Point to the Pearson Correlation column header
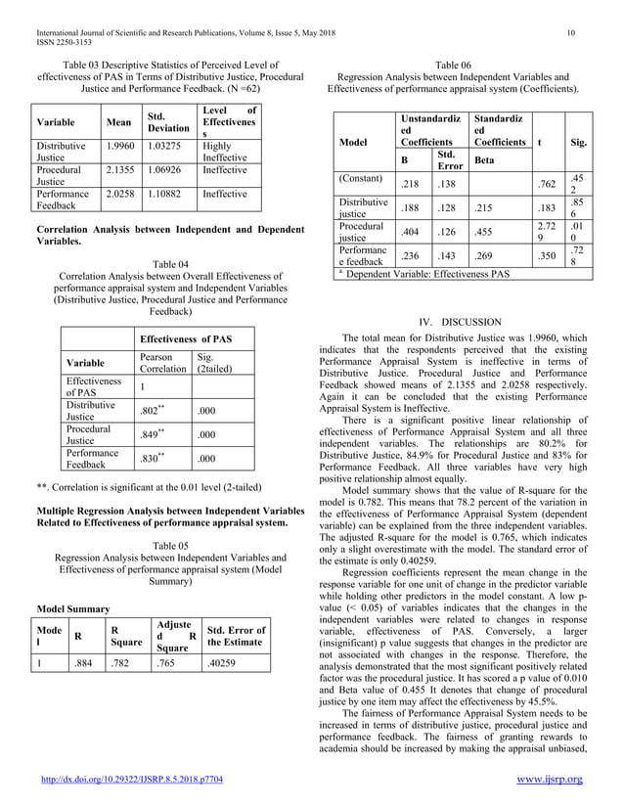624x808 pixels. [x=162, y=364]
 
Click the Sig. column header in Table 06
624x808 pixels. [x=578, y=141]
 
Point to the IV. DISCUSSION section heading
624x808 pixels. [x=454, y=321]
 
